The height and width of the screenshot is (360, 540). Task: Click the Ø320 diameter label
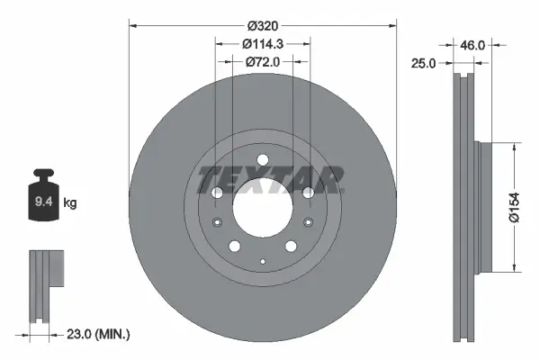tap(263, 26)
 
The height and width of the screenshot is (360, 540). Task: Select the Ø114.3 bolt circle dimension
tap(263, 44)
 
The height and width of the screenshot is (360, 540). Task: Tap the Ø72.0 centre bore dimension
tap(263, 62)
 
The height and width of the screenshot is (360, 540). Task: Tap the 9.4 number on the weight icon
tap(42, 203)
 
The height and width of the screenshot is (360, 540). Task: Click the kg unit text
tap(70, 203)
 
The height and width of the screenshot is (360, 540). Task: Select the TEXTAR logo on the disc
tap(270, 179)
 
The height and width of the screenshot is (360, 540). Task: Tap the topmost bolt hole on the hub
tap(262, 161)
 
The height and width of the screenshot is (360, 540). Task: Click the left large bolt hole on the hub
tap(216, 193)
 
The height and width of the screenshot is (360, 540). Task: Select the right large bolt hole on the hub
tap(308, 193)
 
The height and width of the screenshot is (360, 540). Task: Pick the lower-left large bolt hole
tap(234, 247)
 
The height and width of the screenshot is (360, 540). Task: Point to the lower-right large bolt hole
tap(290, 247)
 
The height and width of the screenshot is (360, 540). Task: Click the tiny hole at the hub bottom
tap(262, 261)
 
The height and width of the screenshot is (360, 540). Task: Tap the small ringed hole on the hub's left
tap(216, 224)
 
